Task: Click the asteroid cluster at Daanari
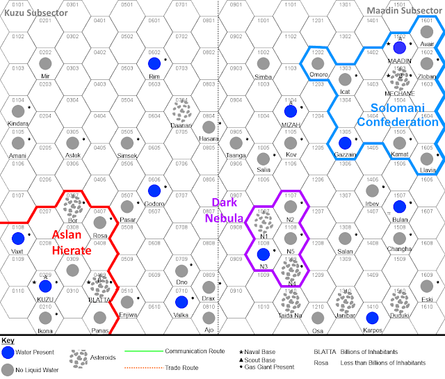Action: click(182, 111)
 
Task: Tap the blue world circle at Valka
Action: click(181, 302)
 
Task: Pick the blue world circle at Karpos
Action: click(371, 318)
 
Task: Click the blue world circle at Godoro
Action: click(154, 191)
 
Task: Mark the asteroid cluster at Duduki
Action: click(399, 300)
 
